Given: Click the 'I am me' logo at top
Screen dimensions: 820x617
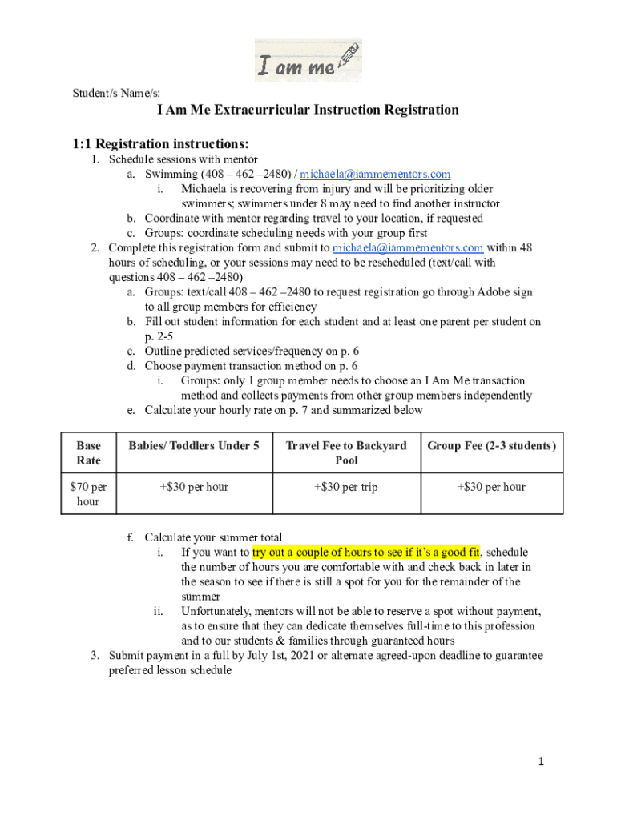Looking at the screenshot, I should click(308, 61).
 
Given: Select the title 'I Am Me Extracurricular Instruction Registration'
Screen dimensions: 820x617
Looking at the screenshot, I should click(308, 110).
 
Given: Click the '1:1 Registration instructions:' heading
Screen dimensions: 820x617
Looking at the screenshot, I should click(161, 144).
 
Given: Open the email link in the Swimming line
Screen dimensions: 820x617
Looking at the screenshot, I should click(375, 174).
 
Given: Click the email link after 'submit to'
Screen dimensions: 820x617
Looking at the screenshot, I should click(407, 247).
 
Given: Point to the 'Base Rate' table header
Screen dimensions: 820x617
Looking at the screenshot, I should click(88, 453).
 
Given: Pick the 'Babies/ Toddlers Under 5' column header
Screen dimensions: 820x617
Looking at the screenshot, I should click(195, 446).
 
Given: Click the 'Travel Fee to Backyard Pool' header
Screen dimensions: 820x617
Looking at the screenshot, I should click(346, 453).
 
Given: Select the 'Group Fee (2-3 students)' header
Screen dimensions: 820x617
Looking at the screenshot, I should click(491, 446).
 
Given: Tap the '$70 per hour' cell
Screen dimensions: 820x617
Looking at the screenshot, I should click(88, 494).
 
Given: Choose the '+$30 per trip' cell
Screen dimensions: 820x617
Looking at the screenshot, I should click(346, 487).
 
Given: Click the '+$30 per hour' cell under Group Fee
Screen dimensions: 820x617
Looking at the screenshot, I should click(491, 487).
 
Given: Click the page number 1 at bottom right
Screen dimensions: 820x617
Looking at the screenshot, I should click(541, 762).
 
